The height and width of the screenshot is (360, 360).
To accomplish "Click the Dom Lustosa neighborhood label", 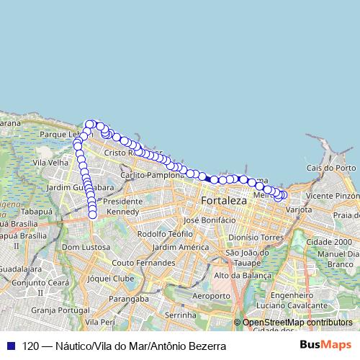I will click(x=86, y=247).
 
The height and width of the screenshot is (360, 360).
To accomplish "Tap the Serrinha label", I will click(x=181, y=315).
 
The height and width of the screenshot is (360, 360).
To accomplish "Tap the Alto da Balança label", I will click(x=243, y=275).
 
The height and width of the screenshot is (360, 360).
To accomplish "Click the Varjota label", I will click(x=299, y=210).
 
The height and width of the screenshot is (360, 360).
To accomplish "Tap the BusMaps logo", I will click(x=325, y=346).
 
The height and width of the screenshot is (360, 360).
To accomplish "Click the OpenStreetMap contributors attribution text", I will click(x=297, y=323).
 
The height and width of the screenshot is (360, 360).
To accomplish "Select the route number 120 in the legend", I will click(x=32, y=346).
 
